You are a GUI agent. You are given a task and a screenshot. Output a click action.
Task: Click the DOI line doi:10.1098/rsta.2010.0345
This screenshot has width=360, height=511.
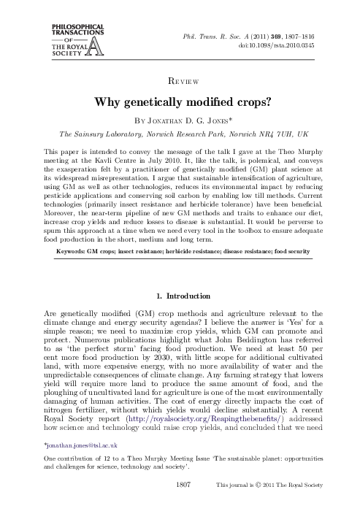274,45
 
